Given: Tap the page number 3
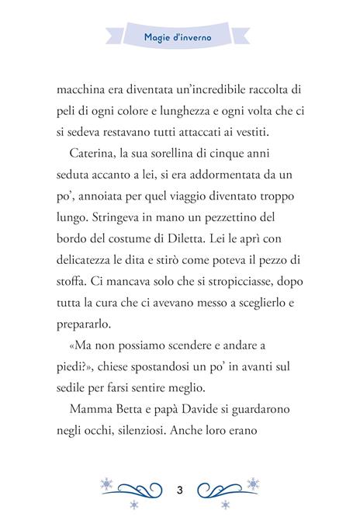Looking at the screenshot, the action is tap(179, 490).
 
